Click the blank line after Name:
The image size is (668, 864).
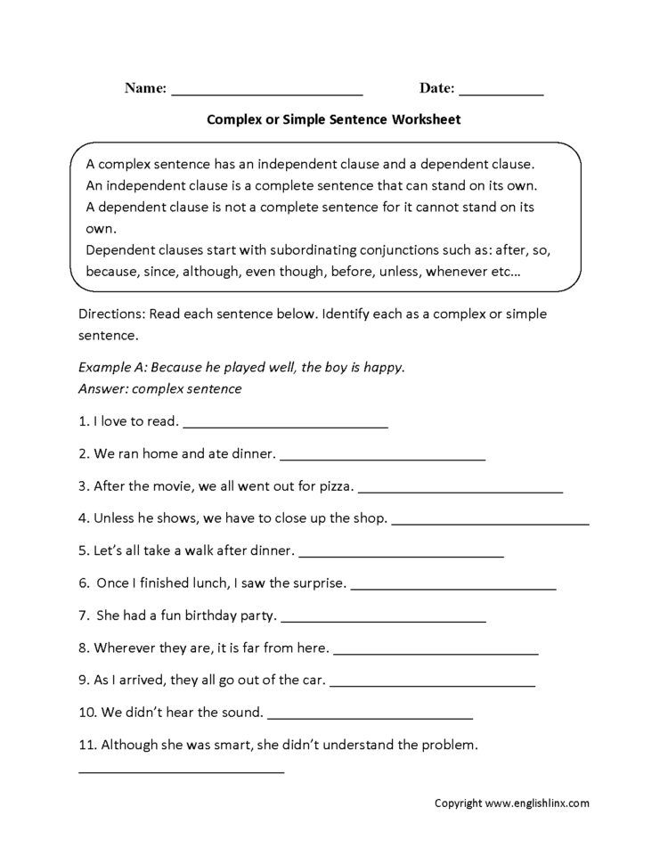pyautogui.click(x=266, y=93)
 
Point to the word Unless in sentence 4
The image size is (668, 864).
pyautogui.click(x=113, y=518)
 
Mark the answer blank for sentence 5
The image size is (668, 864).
pyautogui.click(x=402, y=555)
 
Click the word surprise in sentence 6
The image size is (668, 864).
pyautogui.click(x=317, y=583)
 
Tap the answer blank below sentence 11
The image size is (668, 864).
pyautogui.click(x=182, y=771)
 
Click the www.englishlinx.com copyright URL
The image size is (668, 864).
pyautogui.click(x=537, y=803)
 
